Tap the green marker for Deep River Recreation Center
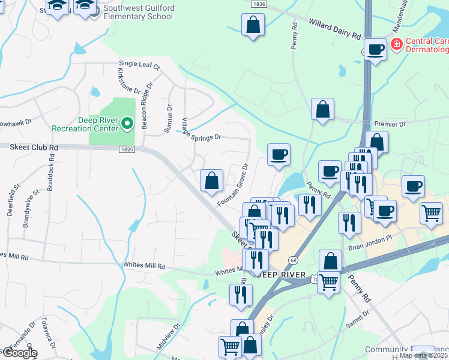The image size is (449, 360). pyautogui.click(x=127, y=124)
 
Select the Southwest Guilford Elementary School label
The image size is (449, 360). pyautogui.click(x=137, y=12)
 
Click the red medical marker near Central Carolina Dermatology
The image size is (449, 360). pyautogui.click(x=396, y=44)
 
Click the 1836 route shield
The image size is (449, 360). pyautogui.click(x=259, y=4)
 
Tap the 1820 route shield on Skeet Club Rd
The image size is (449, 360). pyautogui.click(x=127, y=149)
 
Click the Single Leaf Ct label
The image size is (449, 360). pyautogui.click(x=140, y=64)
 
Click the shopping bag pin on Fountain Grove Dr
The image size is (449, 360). pyautogui.click(x=211, y=181)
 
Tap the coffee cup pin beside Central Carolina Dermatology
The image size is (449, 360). pyautogui.click(x=375, y=50)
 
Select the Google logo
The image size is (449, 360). pyautogui.click(x=19, y=353)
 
